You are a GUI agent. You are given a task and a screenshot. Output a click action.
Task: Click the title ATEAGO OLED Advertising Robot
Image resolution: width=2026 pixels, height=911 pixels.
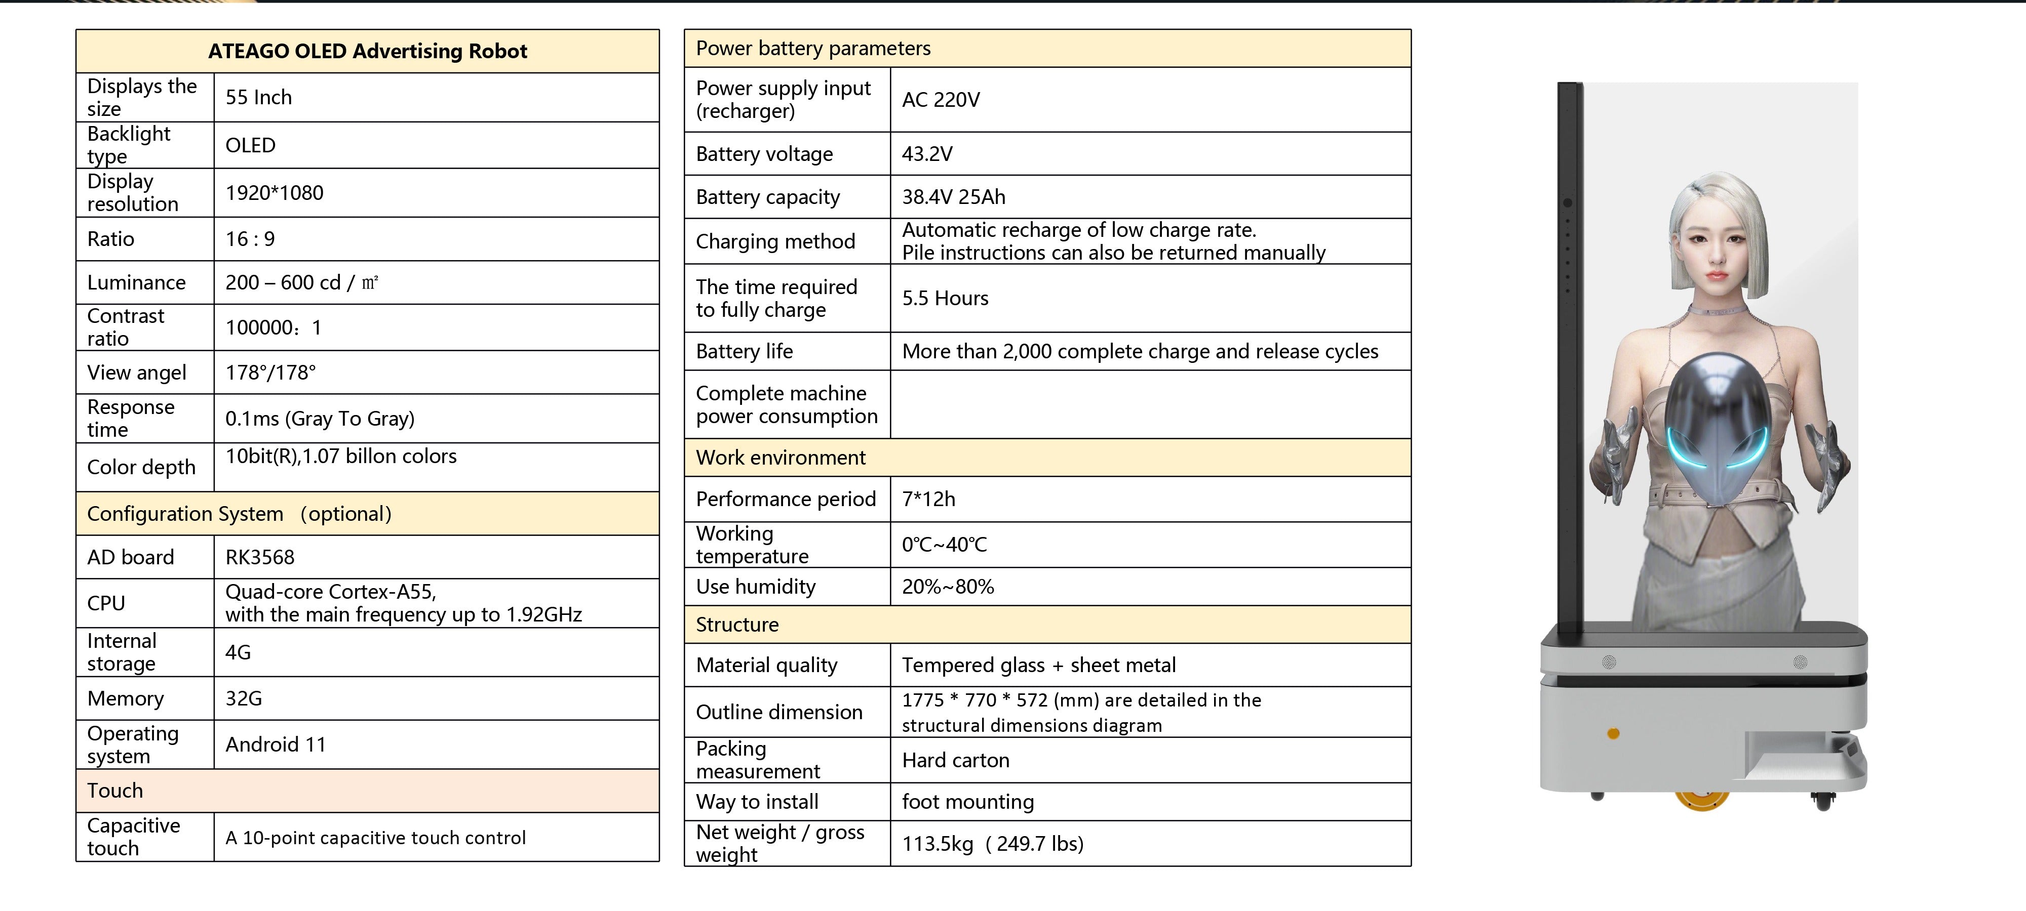click(x=367, y=51)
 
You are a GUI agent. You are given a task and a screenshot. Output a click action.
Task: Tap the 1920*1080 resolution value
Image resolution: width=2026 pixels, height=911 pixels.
click(x=275, y=193)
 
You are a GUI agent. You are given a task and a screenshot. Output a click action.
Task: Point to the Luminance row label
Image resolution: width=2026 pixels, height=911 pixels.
click(x=137, y=283)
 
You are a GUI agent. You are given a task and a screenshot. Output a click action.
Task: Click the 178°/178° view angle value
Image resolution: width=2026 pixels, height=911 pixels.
click(x=270, y=372)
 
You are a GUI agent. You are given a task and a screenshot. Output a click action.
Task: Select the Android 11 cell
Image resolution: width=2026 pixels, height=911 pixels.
click(x=275, y=744)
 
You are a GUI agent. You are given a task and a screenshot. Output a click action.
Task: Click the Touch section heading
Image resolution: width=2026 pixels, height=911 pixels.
click(x=115, y=791)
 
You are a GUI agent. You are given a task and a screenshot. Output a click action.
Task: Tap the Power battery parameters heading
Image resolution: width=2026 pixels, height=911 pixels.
click(x=813, y=49)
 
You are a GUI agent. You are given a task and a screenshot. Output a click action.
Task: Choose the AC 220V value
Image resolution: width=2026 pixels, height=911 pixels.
click(x=941, y=100)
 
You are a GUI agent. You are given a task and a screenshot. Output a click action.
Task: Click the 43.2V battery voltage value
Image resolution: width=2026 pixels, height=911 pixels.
click(x=927, y=154)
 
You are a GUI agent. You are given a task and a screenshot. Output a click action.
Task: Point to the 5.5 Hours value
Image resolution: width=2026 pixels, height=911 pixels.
click(x=945, y=299)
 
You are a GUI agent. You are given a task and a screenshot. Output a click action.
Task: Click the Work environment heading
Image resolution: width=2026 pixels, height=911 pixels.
click(x=781, y=458)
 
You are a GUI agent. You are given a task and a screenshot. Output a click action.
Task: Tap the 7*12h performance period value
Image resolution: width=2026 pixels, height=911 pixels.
click(x=929, y=499)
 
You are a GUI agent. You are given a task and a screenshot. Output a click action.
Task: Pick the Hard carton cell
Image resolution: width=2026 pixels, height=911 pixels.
click(x=956, y=760)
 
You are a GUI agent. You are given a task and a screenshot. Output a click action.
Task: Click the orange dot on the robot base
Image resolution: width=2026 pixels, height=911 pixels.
click(x=1613, y=734)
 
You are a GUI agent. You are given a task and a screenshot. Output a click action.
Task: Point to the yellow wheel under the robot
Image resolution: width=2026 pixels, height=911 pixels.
click(x=1702, y=800)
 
